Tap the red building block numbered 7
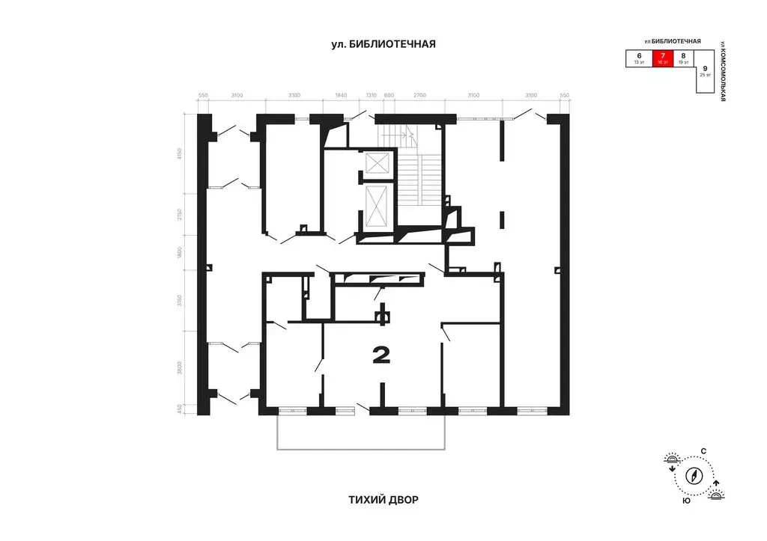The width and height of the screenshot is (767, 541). (661, 58)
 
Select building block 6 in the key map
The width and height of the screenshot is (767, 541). (639, 58)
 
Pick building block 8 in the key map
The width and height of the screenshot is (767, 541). (683, 58)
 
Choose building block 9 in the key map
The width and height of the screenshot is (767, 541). (705, 72)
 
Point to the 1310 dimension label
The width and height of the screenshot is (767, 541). (371, 96)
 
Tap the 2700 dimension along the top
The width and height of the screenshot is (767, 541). (419, 96)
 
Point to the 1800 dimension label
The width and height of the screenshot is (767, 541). (181, 253)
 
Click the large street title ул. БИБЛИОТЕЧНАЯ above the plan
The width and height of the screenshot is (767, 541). (383, 44)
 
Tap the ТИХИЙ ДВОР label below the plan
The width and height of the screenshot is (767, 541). (383, 498)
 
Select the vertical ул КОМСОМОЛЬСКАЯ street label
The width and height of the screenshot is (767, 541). (724, 71)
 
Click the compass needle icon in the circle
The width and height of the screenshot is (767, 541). (694, 474)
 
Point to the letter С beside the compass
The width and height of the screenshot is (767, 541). (703, 450)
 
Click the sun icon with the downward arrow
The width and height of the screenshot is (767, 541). (671, 460)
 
